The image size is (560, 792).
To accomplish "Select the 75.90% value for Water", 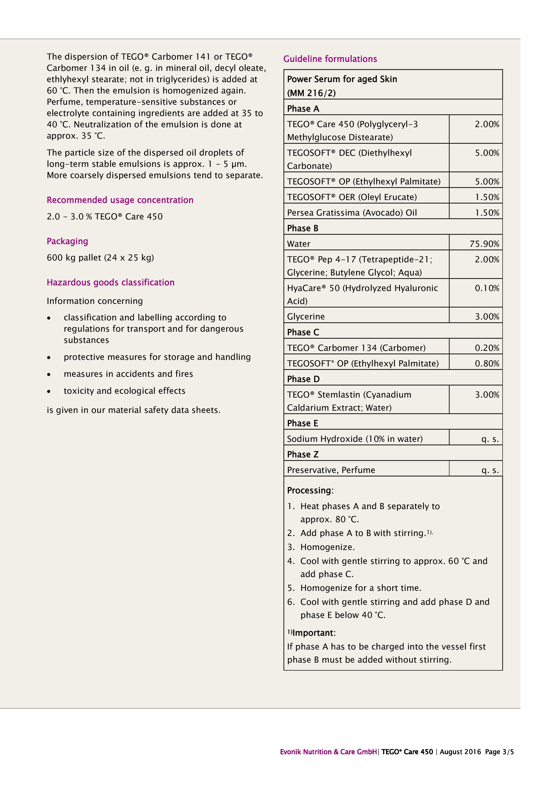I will point(484,244).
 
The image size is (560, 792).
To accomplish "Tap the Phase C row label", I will point(303,332).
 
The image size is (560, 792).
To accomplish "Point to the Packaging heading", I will point(67,241).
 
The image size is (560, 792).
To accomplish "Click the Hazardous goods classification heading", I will point(110,282).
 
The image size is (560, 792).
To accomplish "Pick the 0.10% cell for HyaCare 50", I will point(487,288).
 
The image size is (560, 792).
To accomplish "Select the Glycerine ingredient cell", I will point(306,317).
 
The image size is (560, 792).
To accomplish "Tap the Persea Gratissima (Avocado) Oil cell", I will point(351,213).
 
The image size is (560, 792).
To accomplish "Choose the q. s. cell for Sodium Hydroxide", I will point(490,439).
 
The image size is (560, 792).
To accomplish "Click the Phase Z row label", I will point(303,455).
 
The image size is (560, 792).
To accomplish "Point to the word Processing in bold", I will point(309,491).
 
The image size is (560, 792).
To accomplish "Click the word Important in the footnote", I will point(313,633).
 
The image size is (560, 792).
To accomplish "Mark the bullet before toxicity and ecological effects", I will point(49,391).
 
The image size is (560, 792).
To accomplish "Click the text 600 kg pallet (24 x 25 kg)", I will point(100,258).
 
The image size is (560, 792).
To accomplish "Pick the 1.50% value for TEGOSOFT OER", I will point(487,197).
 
